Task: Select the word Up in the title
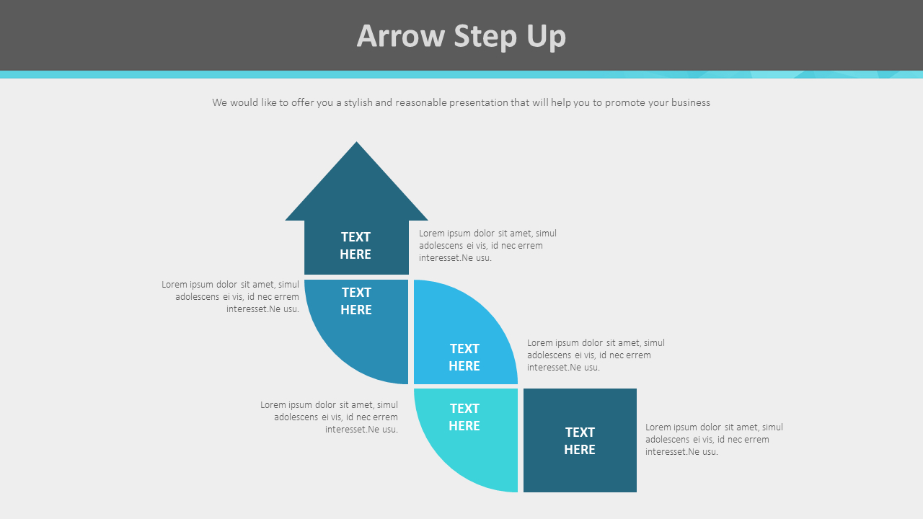pyautogui.click(x=546, y=36)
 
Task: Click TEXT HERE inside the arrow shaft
pyautogui.click(x=355, y=246)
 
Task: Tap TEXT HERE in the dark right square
pyautogui.click(x=580, y=440)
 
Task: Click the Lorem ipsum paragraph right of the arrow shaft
pyautogui.click(x=487, y=246)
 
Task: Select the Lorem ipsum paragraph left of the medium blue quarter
pyautogui.click(x=230, y=297)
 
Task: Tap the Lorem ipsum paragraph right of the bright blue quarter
pyautogui.click(x=596, y=355)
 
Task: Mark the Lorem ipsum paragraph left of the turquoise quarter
pyautogui.click(x=329, y=417)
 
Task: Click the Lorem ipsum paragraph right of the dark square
pyautogui.click(x=714, y=440)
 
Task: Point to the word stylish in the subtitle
pyautogui.click(x=358, y=103)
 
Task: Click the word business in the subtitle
pyautogui.click(x=690, y=103)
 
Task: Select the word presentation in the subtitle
pyautogui.click(x=479, y=103)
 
